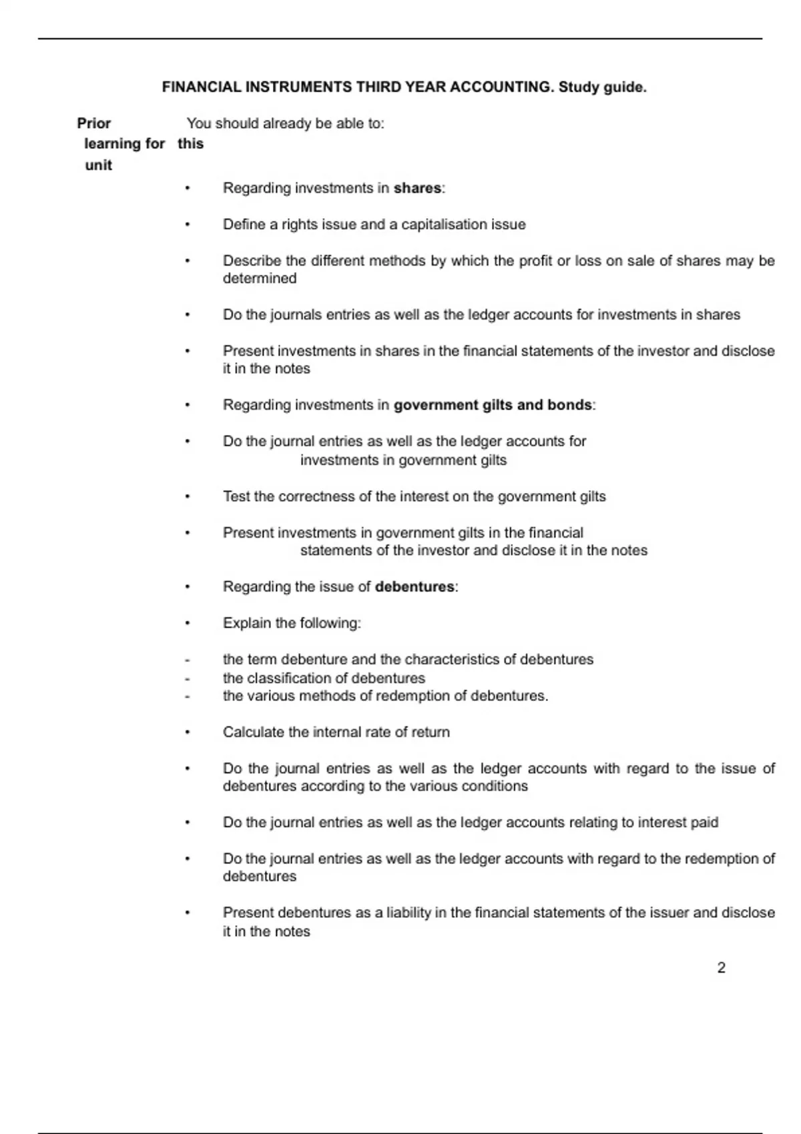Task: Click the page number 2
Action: pos(721,968)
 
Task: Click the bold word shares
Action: pos(417,189)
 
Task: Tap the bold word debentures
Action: pos(415,587)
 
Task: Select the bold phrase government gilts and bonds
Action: pos(493,406)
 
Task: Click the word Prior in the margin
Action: pos(94,123)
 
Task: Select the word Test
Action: pos(236,497)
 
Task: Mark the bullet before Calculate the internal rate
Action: pos(188,732)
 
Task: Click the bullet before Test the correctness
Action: pos(188,497)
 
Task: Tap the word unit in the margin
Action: pos(98,165)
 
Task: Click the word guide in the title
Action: pos(625,87)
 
